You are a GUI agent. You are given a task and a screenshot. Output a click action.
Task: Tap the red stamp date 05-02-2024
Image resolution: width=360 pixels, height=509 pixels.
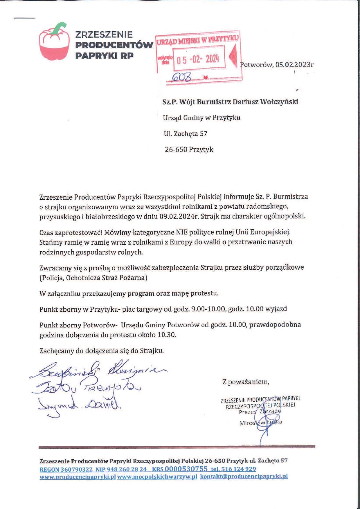point(197,60)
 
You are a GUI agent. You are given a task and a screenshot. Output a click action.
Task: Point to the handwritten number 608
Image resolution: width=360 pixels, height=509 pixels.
point(182,77)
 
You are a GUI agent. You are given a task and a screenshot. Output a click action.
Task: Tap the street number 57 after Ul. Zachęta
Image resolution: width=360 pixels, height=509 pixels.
point(204,133)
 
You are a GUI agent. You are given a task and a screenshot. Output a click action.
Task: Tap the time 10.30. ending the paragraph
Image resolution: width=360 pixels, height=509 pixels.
point(167,335)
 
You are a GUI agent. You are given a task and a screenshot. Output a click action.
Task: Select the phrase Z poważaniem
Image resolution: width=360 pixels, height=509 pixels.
point(246,382)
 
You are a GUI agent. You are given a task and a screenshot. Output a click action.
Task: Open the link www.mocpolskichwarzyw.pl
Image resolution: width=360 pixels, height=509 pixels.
point(157,476)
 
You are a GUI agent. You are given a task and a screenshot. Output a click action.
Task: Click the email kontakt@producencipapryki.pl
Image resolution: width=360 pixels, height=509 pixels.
point(244,476)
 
